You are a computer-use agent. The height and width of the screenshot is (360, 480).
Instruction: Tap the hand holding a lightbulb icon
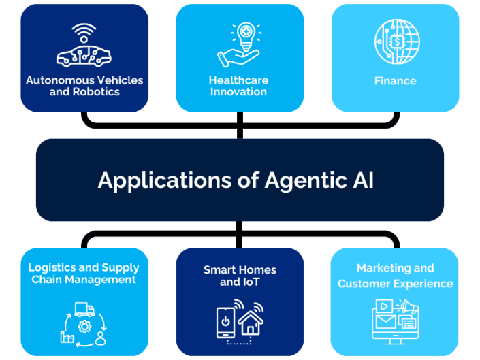(239, 45)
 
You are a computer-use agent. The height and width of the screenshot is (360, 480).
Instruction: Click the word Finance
(396, 80)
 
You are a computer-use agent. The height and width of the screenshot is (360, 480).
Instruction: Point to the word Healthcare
(238, 80)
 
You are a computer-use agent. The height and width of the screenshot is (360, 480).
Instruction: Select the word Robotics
(96, 91)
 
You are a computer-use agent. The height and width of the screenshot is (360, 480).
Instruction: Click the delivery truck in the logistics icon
(84, 310)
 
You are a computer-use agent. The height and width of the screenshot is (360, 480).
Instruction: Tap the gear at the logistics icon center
(84, 326)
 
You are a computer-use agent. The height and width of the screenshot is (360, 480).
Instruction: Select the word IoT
(249, 282)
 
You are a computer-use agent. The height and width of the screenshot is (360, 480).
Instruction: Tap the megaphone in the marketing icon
(409, 307)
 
